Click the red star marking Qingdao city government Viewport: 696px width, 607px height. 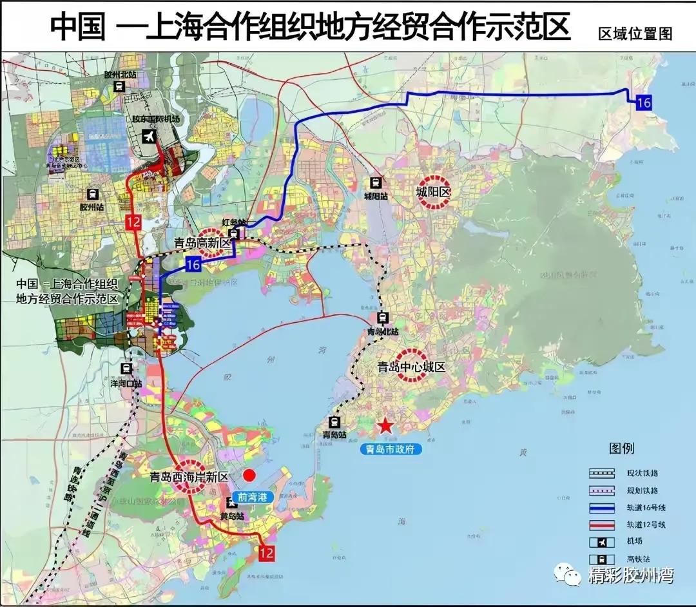coord(385,426)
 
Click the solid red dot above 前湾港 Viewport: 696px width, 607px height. coord(249,476)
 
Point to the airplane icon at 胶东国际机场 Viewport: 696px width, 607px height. coord(150,137)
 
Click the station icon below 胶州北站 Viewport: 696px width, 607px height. coord(119,87)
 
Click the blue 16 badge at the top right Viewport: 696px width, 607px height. coord(643,102)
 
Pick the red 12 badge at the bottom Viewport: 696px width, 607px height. coord(266,552)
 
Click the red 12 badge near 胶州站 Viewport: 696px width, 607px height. coord(134,222)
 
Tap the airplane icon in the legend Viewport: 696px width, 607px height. coord(598,541)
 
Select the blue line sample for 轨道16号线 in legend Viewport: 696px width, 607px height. coord(598,507)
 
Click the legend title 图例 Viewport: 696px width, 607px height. coord(622,448)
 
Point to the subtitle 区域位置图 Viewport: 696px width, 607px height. coord(635,34)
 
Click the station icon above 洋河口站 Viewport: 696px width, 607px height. coord(127,369)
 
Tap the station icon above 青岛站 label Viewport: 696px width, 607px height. coord(334,423)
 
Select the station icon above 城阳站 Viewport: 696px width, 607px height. coord(375,183)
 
